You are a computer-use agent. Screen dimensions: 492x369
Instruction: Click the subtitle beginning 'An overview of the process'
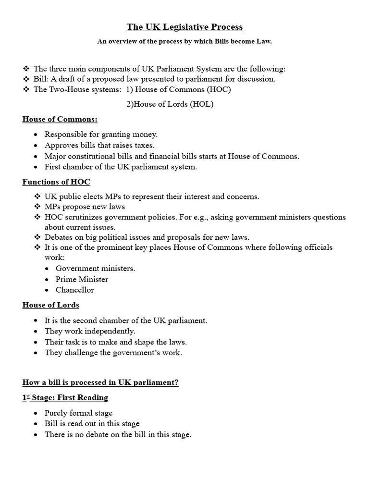pos(184,42)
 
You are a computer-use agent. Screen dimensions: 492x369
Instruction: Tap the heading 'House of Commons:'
pos(60,119)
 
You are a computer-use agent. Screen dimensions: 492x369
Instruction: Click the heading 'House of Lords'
pos(51,305)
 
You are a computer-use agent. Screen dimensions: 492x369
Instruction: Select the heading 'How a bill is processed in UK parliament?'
pos(101,382)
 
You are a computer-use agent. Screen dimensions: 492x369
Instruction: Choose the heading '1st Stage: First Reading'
pos(65,397)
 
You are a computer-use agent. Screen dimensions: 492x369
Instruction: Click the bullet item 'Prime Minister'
pos(82,279)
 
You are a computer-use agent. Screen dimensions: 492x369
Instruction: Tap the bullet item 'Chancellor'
pos(74,290)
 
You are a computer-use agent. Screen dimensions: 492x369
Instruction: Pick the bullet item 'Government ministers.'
pos(95,269)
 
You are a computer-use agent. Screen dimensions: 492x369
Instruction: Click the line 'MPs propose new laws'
pos(85,207)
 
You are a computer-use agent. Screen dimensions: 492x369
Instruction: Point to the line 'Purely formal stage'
pos(78,413)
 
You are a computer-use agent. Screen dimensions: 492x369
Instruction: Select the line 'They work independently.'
pos(90,331)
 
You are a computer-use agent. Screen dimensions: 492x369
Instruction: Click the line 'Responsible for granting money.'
pos(101,135)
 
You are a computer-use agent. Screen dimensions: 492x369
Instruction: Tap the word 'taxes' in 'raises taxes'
pos(157,145)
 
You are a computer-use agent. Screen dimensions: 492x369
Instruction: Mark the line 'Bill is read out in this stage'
pos(92,423)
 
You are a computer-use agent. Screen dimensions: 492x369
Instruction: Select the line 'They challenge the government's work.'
pos(113,352)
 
